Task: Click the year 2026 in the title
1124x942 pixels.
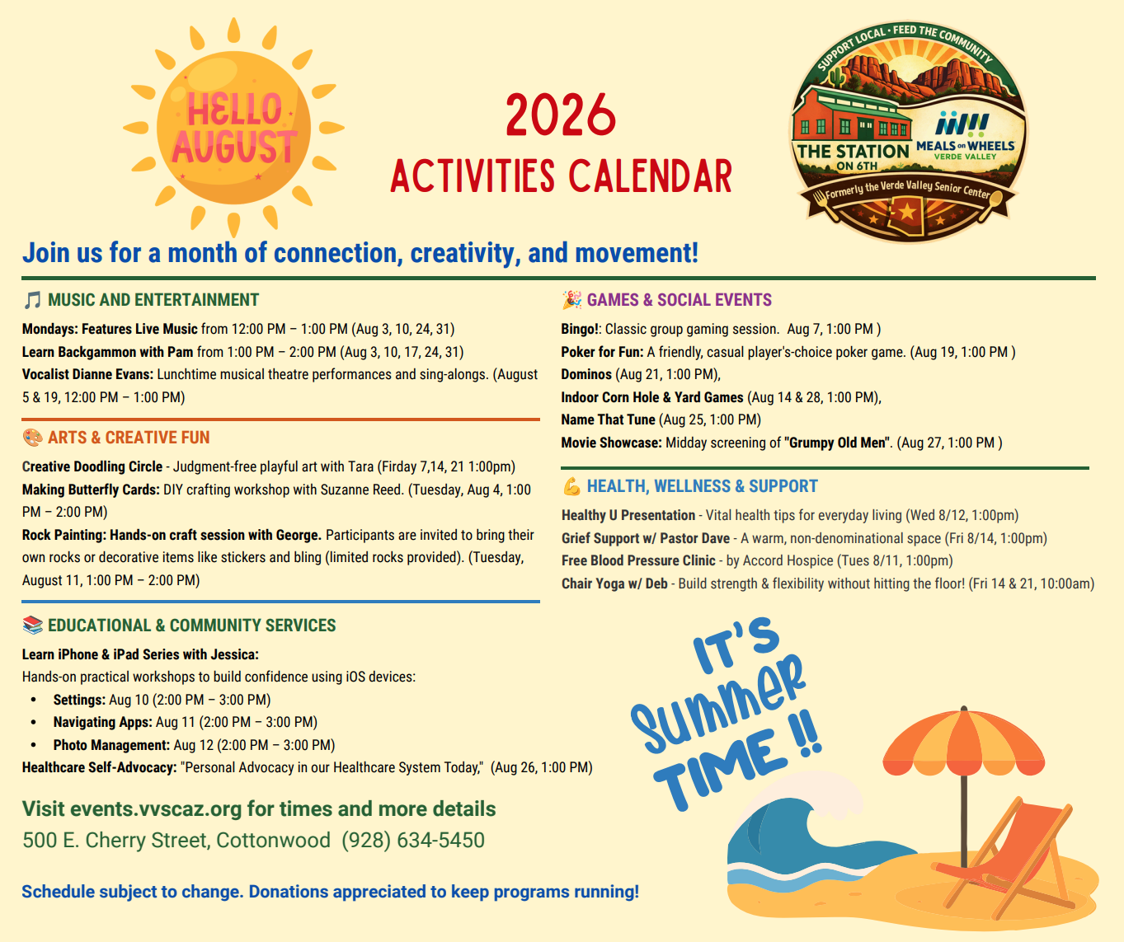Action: pos(561,115)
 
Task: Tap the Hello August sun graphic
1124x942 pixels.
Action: pos(233,128)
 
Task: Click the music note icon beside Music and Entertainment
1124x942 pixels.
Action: pos(32,300)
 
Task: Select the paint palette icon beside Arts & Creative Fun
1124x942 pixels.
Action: pos(32,438)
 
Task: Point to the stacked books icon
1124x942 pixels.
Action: pos(32,626)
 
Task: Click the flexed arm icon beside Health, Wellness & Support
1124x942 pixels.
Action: pos(571,486)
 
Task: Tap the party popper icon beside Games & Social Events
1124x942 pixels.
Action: pos(571,300)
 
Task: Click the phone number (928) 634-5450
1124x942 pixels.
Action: pos(413,840)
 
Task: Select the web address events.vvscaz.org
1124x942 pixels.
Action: pos(156,808)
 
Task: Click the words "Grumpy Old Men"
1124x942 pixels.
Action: pos(835,443)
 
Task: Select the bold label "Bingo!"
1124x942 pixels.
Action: pos(580,329)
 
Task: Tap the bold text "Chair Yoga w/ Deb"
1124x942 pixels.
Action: pos(614,583)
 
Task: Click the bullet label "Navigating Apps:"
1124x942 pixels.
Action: pos(102,722)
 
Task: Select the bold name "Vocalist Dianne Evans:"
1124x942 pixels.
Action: pos(87,374)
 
